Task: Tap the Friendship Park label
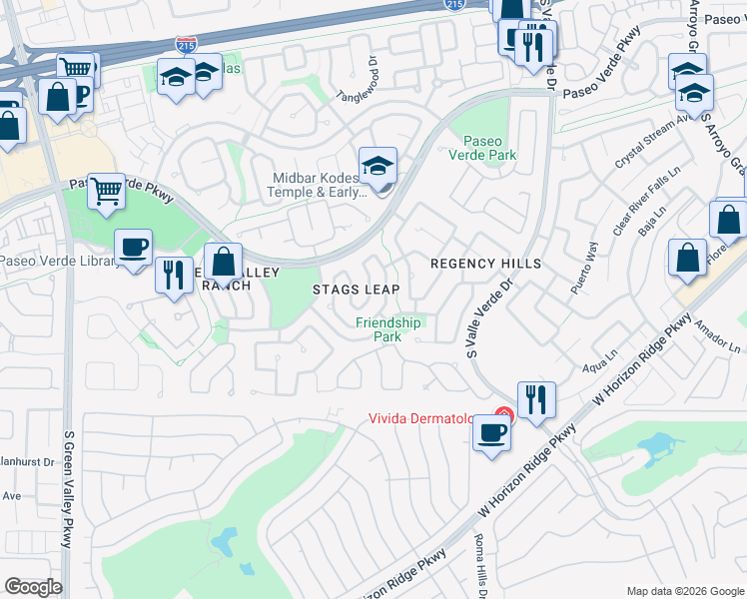click(x=389, y=329)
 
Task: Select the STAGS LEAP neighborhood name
click(x=357, y=290)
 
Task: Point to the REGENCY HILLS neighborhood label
click(x=485, y=264)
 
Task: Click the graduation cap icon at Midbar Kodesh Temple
click(x=378, y=167)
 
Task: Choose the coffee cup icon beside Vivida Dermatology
click(x=490, y=433)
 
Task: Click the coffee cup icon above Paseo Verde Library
click(x=133, y=247)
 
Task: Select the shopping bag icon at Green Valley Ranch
click(x=225, y=262)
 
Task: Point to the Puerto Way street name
click(x=584, y=267)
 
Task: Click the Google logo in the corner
click(x=33, y=587)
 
